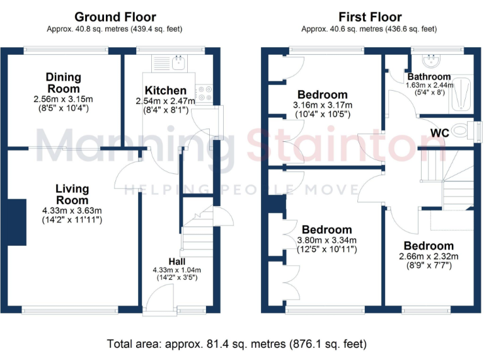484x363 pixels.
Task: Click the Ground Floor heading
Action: [x=115, y=17]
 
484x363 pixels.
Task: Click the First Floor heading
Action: [x=370, y=17]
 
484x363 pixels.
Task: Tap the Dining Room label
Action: [x=63, y=82]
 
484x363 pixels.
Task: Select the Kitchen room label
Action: [x=166, y=91]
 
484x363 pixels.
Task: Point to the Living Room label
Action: [x=72, y=194]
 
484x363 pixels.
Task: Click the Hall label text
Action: [x=176, y=262]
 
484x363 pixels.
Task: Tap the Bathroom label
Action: [x=429, y=76]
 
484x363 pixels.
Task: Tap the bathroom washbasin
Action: [x=435, y=61]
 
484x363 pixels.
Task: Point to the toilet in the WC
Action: [x=464, y=131]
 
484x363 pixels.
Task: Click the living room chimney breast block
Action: [x=17, y=221]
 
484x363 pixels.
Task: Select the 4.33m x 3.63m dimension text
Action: [x=72, y=210]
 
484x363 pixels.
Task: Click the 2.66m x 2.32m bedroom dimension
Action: [x=429, y=256]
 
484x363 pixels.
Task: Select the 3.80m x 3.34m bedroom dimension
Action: [x=326, y=240]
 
